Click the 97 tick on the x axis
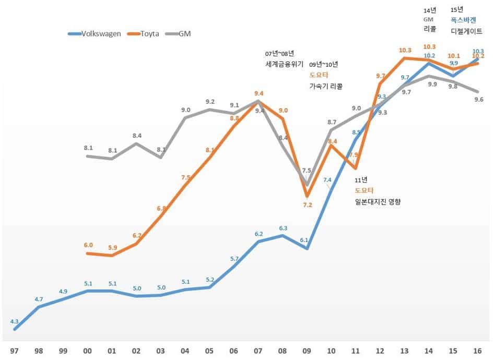(x=14, y=350)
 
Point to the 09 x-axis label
(x=307, y=350)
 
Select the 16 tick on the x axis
(x=478, y=350)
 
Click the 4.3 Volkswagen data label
(x=14, y=321)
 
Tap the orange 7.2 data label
(x=307, y=205)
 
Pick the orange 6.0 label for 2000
(x=88, y=245)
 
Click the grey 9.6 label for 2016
(x=478, y=99)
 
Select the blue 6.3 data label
(x=283, y=228)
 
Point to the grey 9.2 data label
(x=210, y=102)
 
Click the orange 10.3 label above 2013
(x=405, y=50)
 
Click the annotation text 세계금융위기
(x=284, y=64)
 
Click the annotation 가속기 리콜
(x=326, y=86)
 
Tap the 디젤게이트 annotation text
(x=467, y=31)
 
